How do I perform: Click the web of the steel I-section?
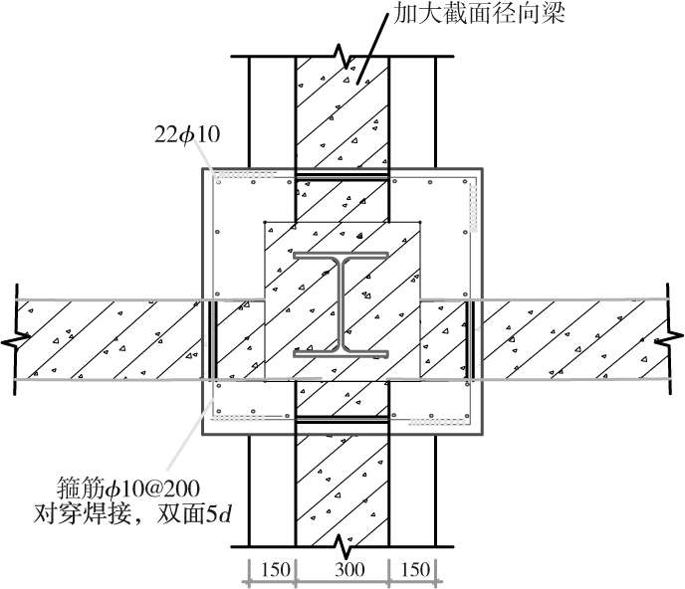point(341,303)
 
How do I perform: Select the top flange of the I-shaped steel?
point(341,257)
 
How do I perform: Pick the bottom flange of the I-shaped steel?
point(341,351)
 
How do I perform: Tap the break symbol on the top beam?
point(342,48)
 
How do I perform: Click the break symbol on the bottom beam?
point(342,546)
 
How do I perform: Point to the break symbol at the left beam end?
point(16,340)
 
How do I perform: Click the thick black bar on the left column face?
point(211,339)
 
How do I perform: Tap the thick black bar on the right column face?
point(470,339)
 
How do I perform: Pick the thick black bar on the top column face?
point(341,179)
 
